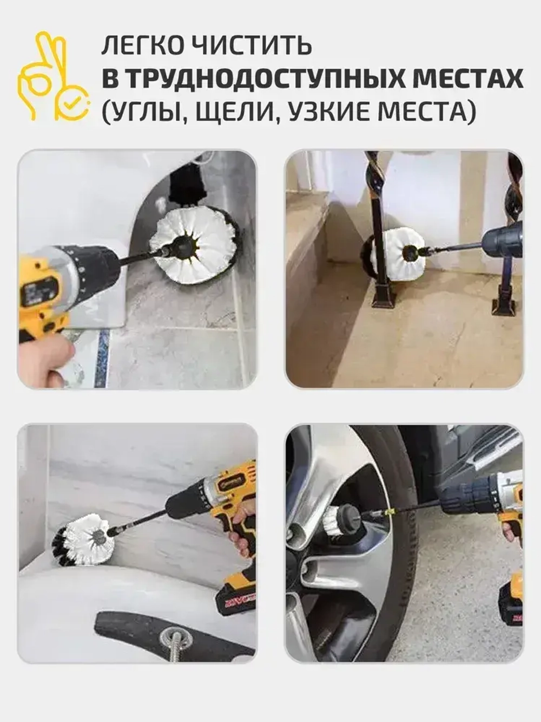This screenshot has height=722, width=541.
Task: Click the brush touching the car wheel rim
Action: (341, 520)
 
